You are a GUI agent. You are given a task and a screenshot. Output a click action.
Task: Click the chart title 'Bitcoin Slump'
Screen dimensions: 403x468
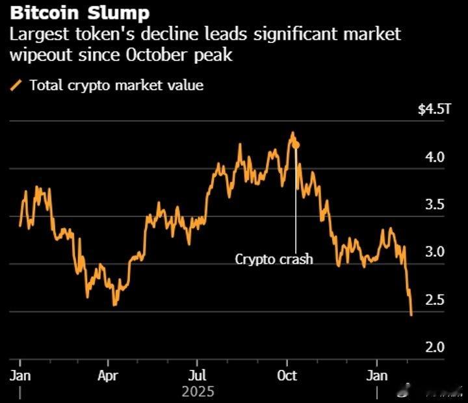[79, 12]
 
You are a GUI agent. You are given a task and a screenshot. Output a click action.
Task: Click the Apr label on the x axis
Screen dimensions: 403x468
[108, 376]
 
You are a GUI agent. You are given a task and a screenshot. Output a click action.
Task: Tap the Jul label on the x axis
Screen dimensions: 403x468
[197, 376]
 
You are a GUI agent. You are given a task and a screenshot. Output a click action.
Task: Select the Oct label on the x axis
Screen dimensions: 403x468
[287, 376]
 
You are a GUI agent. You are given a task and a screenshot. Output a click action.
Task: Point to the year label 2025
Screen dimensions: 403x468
[198, 392]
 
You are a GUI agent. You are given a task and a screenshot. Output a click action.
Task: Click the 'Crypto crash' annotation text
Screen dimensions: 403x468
[274, 259]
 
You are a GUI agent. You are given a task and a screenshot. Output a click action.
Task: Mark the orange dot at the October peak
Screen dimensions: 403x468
[296, 145]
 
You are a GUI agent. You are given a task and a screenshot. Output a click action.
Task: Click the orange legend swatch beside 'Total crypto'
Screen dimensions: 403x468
[17, 85]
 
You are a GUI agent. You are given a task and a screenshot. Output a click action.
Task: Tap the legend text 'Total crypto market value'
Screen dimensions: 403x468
[116, 85]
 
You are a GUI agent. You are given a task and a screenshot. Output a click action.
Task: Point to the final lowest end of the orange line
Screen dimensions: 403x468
[411, 315]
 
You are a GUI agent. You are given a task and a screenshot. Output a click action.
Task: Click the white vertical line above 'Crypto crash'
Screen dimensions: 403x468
[296, 201]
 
